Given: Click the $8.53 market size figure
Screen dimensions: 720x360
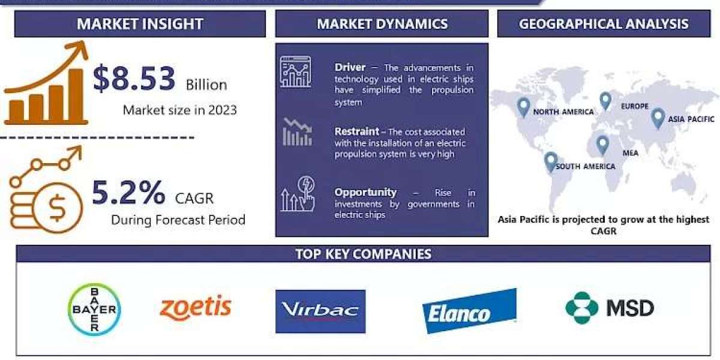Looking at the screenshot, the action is [x=134, y=78].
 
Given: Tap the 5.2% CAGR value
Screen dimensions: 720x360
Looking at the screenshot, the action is [x=128, y=193].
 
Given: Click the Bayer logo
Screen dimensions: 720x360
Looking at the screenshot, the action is [x=95, y=310].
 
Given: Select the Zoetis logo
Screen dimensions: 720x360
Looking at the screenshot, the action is [x=196, y=308].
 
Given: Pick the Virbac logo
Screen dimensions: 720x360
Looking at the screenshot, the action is [x=320, y=311].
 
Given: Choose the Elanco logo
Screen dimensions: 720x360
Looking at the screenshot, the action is [x=469, y=311].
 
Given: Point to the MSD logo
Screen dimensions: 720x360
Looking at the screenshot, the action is [x=610, y=308].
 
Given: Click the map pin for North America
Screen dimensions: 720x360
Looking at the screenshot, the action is [x=524, y=107].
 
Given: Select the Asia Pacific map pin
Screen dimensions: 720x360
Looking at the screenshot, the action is [x=658, y=119].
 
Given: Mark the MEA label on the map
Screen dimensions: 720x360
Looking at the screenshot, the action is [x=631, y=153].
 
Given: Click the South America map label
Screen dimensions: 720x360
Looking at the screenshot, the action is [x=586, y=167].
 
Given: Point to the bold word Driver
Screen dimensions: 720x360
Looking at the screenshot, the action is [x=350, y=67].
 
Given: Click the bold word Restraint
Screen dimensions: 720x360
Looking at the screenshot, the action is [x=357, y=131].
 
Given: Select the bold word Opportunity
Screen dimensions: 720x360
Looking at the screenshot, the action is [x=365, y=192].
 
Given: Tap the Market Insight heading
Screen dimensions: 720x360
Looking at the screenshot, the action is [x=140, y=24].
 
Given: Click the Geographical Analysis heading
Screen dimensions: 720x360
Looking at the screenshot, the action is [x=604, y=24].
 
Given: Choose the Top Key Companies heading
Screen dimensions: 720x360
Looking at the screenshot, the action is [x=363, y=254].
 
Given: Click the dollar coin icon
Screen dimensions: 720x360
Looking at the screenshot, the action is [x=58, y=208].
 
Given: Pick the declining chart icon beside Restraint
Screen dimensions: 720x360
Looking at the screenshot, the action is [x=298, y=132].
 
